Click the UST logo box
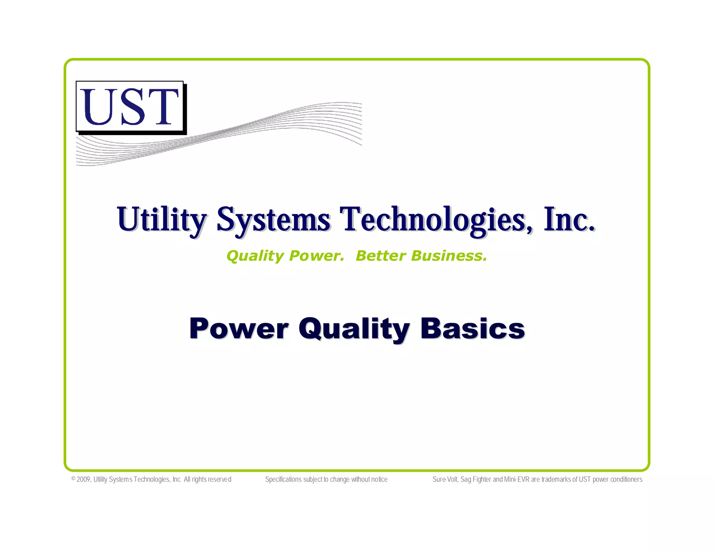click(x=130, y=106)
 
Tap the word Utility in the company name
click(x=162, y=219)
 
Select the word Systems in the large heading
click(x=273, y=219)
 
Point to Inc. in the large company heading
click(x=569, y=219)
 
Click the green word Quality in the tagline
click(x=255, y=256)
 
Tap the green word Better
click(x=380, y=256)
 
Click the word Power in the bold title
click(x=239, y=329)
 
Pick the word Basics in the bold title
click(x=472, y=329)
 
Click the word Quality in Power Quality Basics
click(x=354, y=329)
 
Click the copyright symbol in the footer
click(x=73, y=479)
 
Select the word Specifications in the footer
click(x=283, y=479)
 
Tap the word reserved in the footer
click(x=220, y=479)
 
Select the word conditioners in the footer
click(x=626, y=479)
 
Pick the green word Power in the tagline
click(x=317, y=256)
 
